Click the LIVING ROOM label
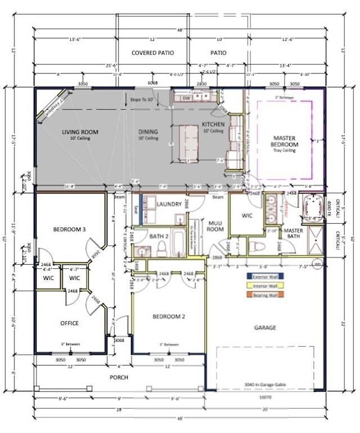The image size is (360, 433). pos(80,132)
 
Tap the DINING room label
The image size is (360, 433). pos(148,132)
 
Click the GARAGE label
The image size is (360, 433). pos(264,327)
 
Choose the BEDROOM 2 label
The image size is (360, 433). pos(169,317)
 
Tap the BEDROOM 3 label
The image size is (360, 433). pos(70,229)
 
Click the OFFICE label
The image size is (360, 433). pos(69,323)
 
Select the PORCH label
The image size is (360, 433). pos(119,377)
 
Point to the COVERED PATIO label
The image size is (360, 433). pos(152,53)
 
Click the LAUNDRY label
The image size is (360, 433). pos(169,204)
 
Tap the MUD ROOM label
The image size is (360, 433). pos(215,226)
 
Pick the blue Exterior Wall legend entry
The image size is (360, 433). pos(265,276)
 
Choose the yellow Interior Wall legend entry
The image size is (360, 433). pos(265,285)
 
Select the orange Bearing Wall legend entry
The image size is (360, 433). pos(265,294)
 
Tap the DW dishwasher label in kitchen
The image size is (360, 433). pos(186,97)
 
